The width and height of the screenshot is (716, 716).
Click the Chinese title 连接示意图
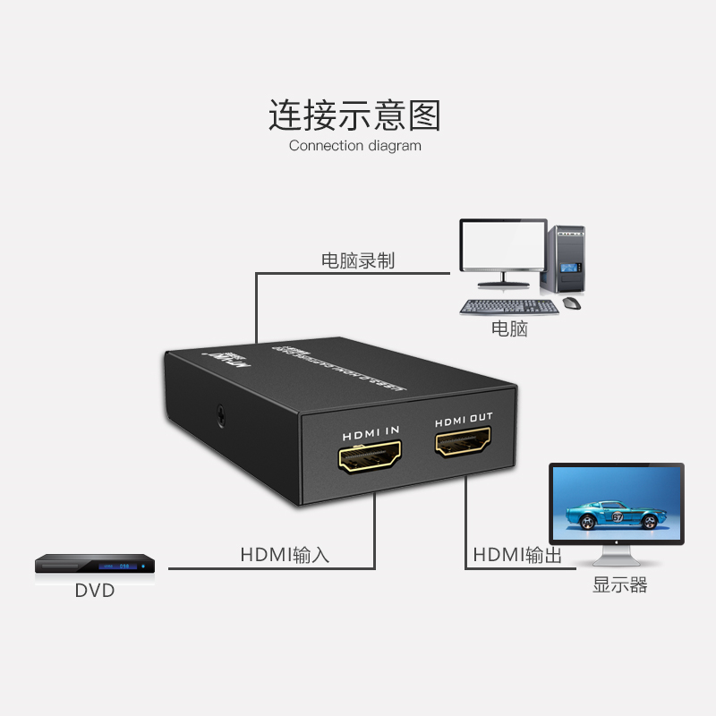[355, 116]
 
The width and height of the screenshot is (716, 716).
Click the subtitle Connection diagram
[355, 145]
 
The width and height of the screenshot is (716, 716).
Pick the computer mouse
[572, 304]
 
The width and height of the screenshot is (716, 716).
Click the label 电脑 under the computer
[509, 328]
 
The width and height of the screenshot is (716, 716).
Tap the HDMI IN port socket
[371, 459]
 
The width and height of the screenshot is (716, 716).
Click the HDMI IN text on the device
[371, 432]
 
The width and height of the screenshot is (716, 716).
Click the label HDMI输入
[285, 555]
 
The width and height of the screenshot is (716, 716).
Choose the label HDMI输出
[517, 556]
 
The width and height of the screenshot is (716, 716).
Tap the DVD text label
[95, 591]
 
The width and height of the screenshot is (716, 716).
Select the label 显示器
[619, 586]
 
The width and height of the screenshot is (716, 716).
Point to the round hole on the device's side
[220, 414]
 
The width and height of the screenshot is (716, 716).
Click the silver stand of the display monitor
[617, 558]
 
